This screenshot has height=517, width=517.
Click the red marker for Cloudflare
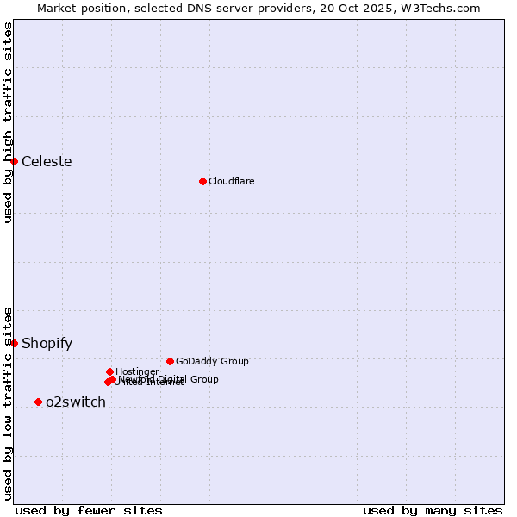point(202,181)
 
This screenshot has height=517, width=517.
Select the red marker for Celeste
point(14,161)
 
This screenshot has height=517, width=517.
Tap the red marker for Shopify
point(14,343)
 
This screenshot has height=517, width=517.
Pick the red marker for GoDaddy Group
point(170,361)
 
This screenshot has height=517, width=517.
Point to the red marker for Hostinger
point(109,371)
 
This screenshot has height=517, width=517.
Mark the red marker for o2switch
point(38,402)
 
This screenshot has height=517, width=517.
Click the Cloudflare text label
point(231,181)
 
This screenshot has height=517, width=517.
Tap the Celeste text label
point(47,161)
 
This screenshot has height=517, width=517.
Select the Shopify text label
point(47,343)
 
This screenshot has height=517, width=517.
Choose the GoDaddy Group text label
point(211,361)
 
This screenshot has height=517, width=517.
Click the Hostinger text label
point(137,371)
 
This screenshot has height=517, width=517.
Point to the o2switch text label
point(76,402)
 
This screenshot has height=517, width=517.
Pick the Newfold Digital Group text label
point(169,378)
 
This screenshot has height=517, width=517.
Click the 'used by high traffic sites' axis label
point(8,123)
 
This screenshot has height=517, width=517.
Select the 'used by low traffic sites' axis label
point(8,403)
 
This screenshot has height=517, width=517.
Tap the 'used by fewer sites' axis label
point(89,510)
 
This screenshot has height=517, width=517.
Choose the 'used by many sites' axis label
point(433,510)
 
